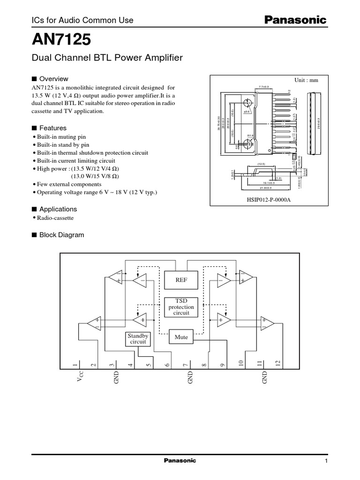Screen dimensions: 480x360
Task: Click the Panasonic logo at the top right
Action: coord(296,20)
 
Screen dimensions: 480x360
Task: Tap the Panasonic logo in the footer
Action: coord(180,460)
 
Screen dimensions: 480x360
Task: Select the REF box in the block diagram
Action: coord(181,281)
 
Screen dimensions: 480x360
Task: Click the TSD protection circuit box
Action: coord(181,307)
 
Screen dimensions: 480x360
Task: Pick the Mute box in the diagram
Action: coord(181,337)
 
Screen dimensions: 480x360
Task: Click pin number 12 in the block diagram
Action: coord(277,363)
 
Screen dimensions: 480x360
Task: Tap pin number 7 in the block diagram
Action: coord(186,364)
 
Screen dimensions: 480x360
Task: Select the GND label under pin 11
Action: coord(264,378)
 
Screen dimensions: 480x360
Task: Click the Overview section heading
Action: coord(53,79)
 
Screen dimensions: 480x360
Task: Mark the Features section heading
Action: coord(52,128)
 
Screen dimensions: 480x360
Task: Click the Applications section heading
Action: coord(58,209)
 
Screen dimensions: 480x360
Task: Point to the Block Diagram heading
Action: coord(61,235)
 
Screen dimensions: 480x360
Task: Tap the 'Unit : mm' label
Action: coord(306,80)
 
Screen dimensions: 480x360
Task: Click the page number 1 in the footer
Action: coord(325,461)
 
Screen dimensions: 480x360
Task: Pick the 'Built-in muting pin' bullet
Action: coord(60,137)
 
